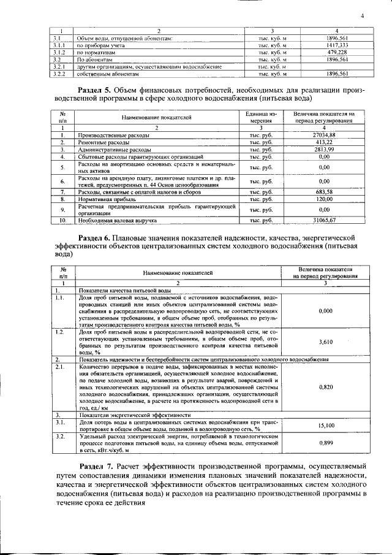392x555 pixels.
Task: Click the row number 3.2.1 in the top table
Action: point(59,66)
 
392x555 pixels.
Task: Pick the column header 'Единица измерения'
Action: point(262,117)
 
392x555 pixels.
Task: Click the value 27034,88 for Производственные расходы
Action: point(324,134)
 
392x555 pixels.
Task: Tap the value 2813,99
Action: point(324,149)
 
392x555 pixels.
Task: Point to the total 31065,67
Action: point(324,220)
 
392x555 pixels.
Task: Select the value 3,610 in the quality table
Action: point(326,342)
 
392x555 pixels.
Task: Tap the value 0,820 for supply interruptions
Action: point(326,387)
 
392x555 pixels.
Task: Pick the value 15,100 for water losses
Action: point(326,425)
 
